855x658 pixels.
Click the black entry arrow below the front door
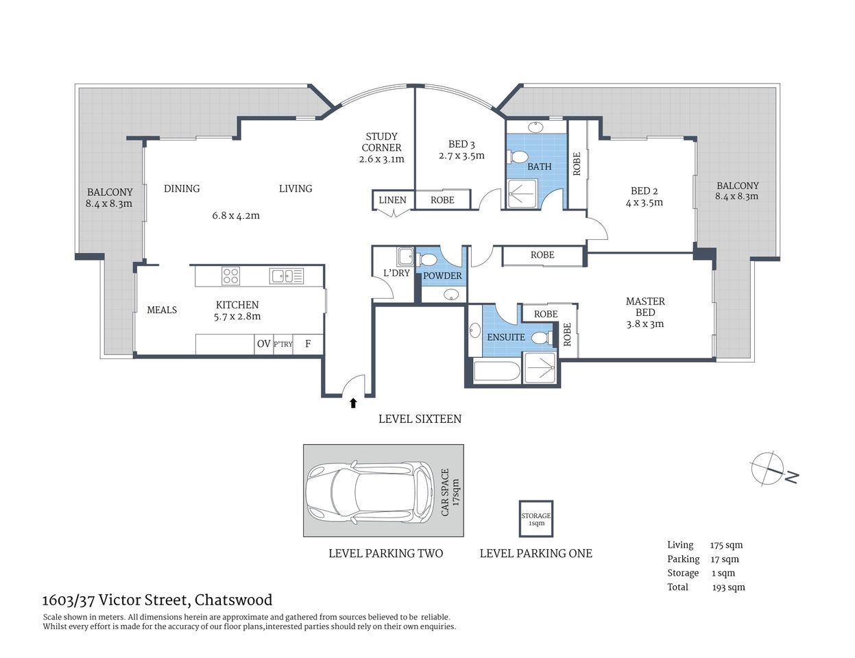[x=353, y=403]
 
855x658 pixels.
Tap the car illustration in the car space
[x=370, y=491]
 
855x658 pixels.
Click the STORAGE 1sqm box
[x=535, y=519]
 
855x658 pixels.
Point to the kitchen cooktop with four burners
[x=231, y=276]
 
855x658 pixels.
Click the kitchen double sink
[x=287, y=276]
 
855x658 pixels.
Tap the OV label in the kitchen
[x=263, y=344]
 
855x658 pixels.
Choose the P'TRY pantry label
[x=282, y=344]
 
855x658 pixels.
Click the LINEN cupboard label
[x=392, y=200]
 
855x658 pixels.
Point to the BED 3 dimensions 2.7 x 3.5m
[x=461, y=156]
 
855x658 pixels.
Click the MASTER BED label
[x=645, y=306]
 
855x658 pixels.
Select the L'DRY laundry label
[x=396, y=273]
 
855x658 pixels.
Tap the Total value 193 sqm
[x=728, y=587]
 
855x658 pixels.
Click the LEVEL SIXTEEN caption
[x=420, y=419]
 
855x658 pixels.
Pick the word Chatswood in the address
[x=233, y=600]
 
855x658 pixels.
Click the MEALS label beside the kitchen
[x=162, y=310]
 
